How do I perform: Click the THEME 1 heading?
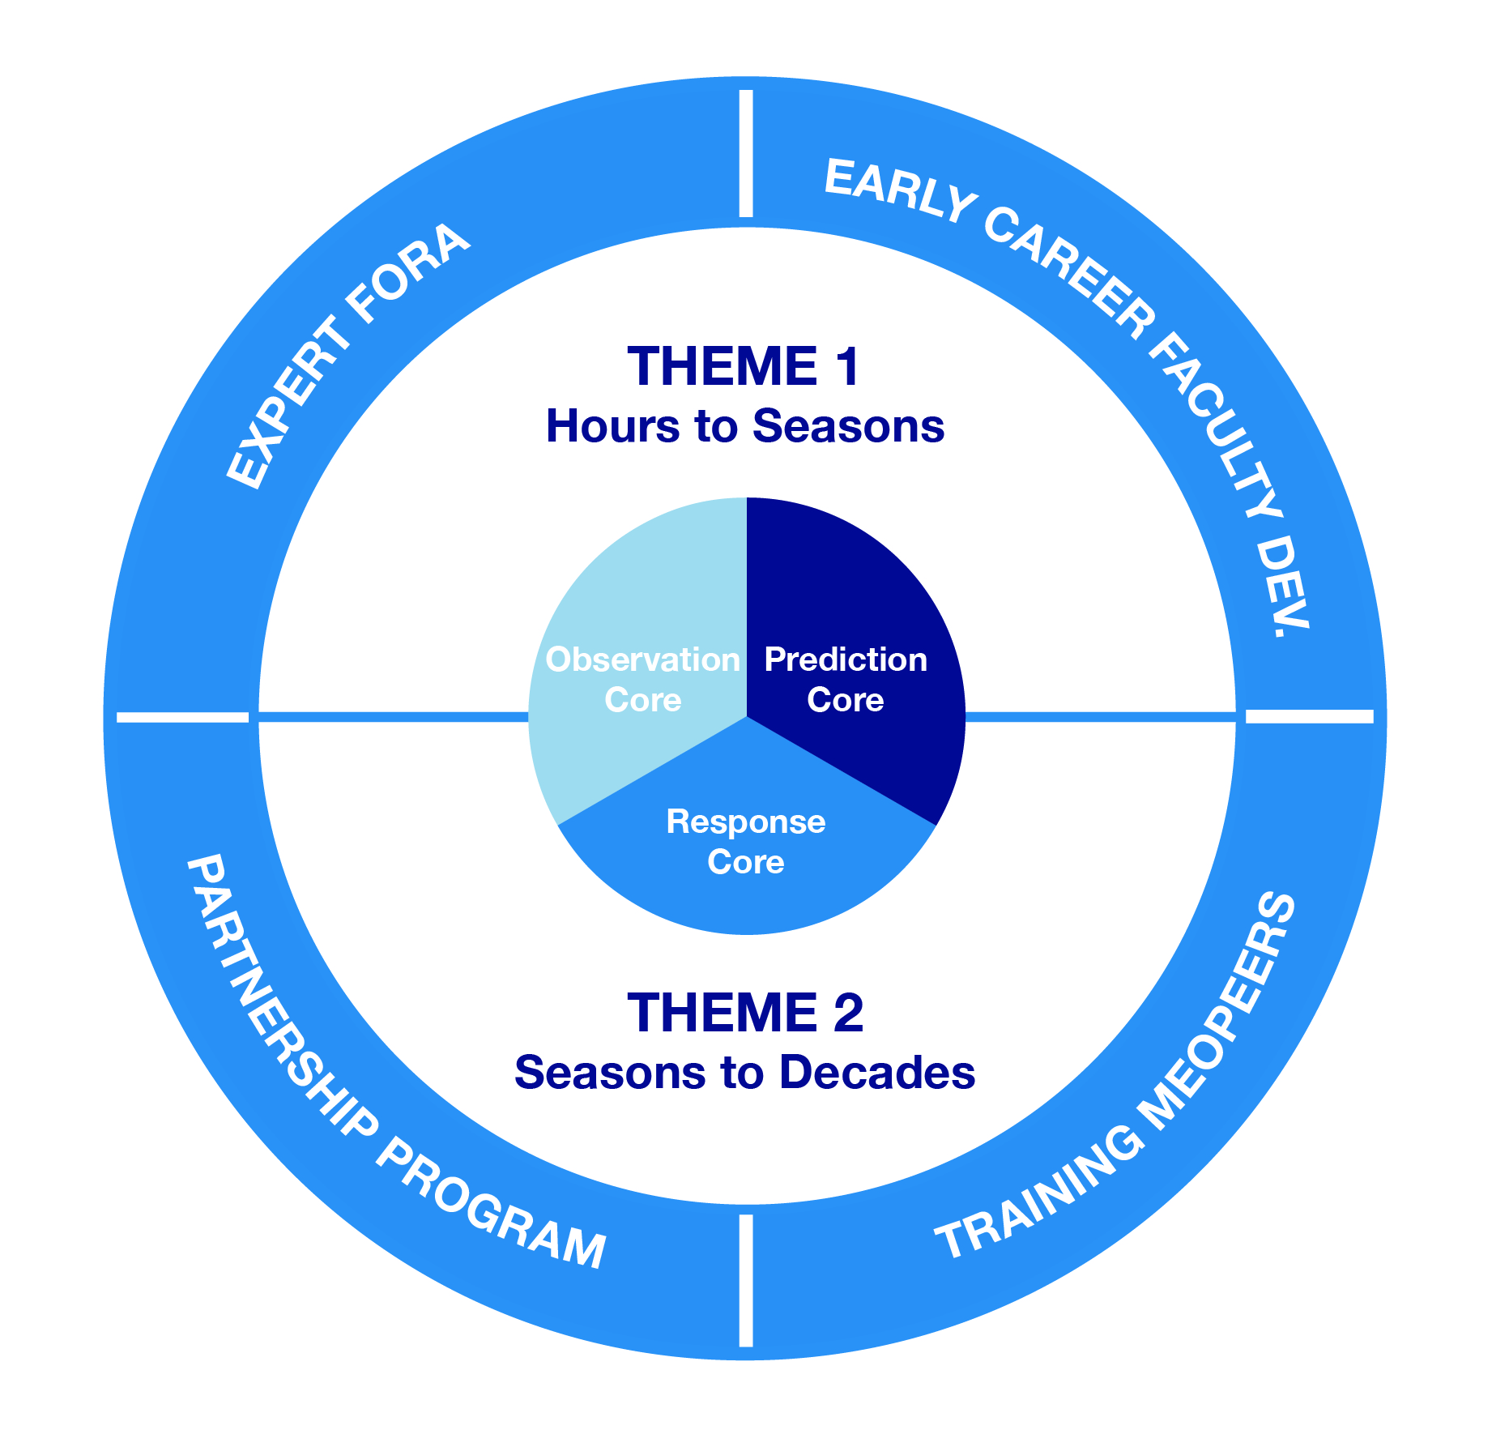[x=744, y=366]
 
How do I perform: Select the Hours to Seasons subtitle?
[x=745, y=426]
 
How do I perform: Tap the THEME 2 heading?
[x=745, y=1013]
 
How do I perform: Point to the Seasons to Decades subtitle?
[x=745, y=1073]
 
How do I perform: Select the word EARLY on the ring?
[x=899, y=190]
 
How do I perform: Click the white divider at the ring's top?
[x=746, y=154]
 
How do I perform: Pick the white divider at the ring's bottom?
[x=746, y=1280]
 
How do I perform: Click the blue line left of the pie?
[x=393, y=717]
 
